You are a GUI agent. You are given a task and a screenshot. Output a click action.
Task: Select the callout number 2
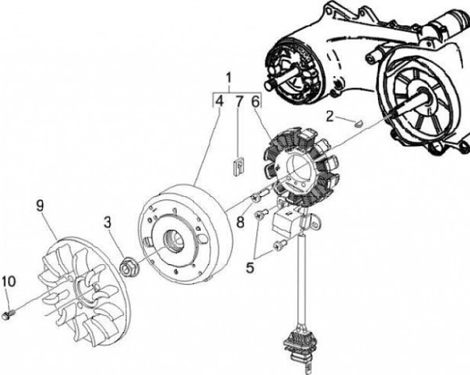[x=330, y=116]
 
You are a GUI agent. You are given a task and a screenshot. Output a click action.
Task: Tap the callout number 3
[x=108, y=222]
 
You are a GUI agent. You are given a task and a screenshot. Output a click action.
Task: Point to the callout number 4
[x=219, y=101]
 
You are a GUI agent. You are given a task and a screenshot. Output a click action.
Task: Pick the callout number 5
[x=250, y=267]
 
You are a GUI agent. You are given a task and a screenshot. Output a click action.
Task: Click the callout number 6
[x=255, y=101]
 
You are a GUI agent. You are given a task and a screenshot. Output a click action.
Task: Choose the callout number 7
[x=239, y=101]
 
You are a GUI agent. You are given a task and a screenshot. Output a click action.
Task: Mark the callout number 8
[x=241, y=222]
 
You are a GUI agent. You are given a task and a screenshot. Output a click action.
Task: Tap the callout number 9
[x=40, y=205]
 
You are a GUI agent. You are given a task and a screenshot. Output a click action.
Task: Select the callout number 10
[x=8, y=282]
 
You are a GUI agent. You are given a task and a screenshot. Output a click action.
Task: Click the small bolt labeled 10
[x=8, y=314]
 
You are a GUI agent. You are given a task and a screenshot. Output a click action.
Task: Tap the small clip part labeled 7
[x=239, y=166]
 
